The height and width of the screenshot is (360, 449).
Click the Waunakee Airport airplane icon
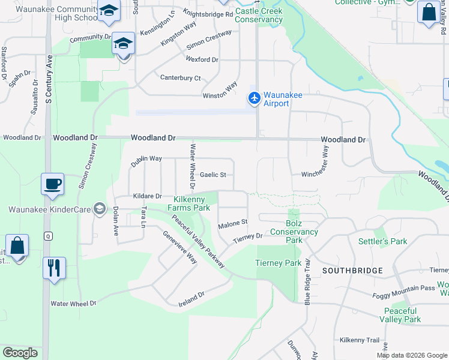[255, 97]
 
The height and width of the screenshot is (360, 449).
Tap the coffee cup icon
[52, 184]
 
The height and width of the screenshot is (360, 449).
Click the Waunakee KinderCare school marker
[100, 209]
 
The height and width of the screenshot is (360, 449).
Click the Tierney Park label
[278, 263]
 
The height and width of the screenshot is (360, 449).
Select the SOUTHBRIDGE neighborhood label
[352, 271]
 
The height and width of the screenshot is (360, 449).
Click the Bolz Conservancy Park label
[294, 236]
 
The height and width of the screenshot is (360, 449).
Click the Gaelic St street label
[213, 175]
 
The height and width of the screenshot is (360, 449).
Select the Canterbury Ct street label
[180, 78]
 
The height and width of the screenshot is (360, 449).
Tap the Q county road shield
[47, 236]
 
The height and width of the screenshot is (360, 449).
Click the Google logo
[20, 353]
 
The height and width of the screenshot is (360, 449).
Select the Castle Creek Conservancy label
[259, 16]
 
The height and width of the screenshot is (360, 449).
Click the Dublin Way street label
[146, 158]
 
